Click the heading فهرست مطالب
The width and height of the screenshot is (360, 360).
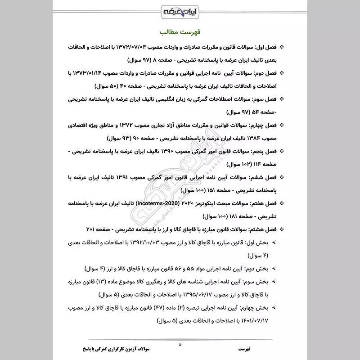180,32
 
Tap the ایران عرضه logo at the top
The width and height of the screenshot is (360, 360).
180,9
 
